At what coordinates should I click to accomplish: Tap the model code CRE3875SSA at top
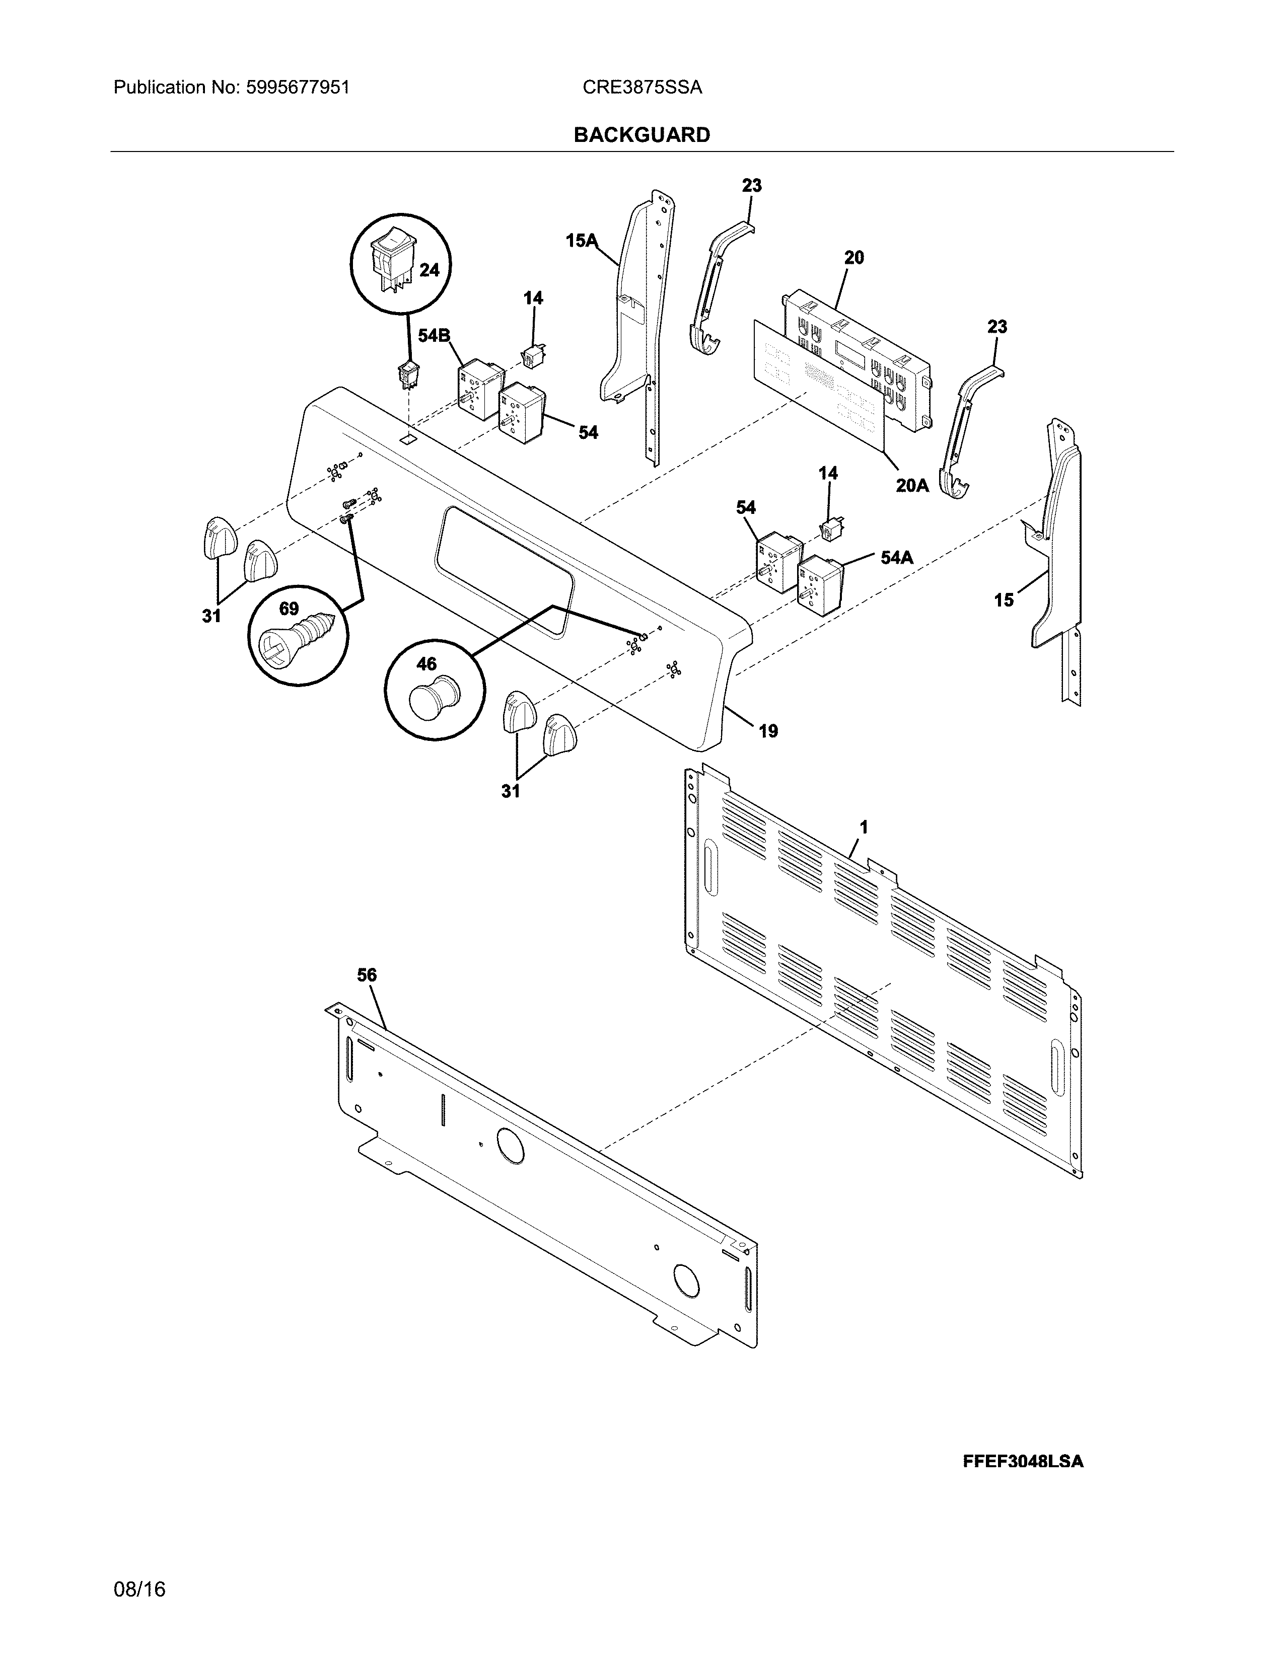[x=642, y=88]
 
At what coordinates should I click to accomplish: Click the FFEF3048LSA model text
[x=1022, y=1462]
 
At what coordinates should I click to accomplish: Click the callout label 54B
[x=434, y=335]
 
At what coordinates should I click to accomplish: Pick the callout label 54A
[x=896, y=558]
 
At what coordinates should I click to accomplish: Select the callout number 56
[x=367, y=975]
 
